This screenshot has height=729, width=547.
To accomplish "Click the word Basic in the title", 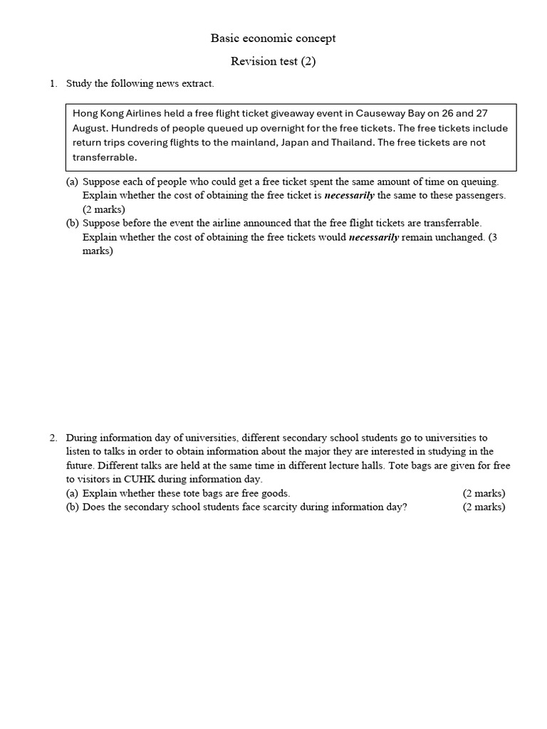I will tap(224, 38).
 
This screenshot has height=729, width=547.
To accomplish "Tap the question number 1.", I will tap(53, 84).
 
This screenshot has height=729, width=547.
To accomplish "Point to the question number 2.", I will tap(53, 438).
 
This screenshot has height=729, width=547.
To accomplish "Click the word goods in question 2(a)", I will tap(276, 493).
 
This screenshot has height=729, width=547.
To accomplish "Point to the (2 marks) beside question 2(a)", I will tap(484, 493).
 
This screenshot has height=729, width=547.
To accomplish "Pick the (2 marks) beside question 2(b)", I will tap(484, 507).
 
